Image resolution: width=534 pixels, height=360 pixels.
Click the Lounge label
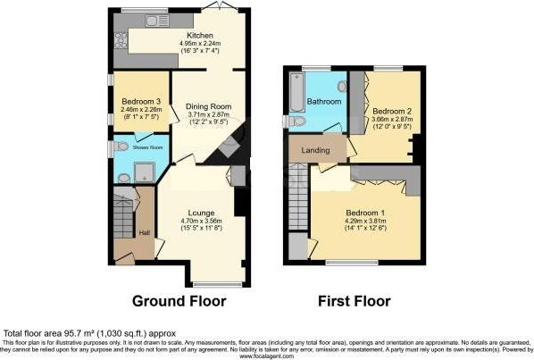pyautogui.click(x=200, y=212)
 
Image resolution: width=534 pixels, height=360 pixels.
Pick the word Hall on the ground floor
pyautogui.click(x=144, y=233)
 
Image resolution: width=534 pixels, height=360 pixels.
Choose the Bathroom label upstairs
pyautogui.click(x=323, y=102)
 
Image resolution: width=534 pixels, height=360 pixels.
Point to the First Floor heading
pyautogui.click(x=355, y=300)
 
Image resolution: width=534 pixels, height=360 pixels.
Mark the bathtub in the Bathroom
pyautogui.click(x=295, y=93)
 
